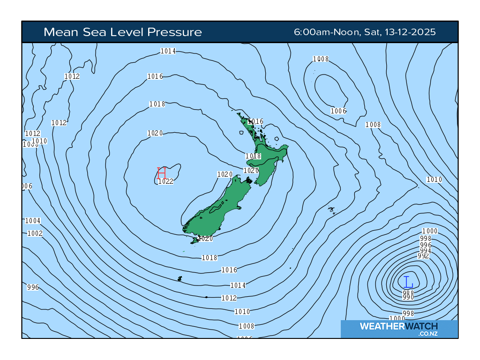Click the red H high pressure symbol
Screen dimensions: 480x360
pos(162,172)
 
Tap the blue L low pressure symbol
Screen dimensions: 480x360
pos(408,282)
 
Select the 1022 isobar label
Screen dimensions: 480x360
pos(166,181)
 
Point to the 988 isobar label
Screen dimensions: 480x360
pos(408,292)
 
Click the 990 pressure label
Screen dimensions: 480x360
pos(408,298)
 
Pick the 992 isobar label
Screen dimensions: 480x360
pos(423,256)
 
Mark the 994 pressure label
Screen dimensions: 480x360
pos(426,251)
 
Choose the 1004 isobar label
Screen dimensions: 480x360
pos(33,221)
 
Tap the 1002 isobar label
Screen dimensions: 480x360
pos(35,233)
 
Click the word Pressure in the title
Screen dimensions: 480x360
pos(174,32)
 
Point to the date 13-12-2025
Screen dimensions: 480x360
pos(410,32)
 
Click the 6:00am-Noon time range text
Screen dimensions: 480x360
pos(326,32)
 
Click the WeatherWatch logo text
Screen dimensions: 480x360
pos(398,326)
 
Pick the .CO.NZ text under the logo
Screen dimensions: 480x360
pos(427,334)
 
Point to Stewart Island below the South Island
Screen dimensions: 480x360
pos(195,241)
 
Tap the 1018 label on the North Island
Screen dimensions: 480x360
pos(253,156)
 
